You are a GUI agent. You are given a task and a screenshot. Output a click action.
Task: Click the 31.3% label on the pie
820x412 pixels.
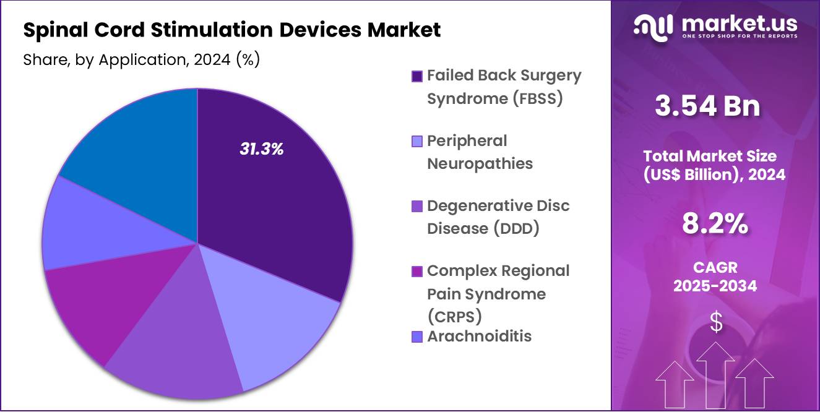point(261,149)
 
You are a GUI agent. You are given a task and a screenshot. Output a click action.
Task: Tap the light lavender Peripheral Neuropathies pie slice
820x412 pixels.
point(285,334)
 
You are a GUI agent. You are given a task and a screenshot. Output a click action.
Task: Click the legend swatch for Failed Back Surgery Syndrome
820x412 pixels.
point(417,76)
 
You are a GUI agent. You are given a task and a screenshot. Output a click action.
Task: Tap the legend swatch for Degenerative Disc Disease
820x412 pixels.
point(417,206)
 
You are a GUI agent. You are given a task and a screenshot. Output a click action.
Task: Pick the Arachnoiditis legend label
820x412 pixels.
point(479,337)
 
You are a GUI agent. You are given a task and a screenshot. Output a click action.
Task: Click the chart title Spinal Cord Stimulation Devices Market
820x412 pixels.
point(231,30)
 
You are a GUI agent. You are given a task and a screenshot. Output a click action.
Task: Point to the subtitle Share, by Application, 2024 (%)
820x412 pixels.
point(141,59)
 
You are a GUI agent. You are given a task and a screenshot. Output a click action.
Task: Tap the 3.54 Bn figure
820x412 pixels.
point(707,106)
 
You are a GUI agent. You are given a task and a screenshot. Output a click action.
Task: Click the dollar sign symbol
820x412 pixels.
point(715,322)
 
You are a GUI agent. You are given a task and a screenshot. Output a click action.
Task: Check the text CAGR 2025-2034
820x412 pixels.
point(715,277)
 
